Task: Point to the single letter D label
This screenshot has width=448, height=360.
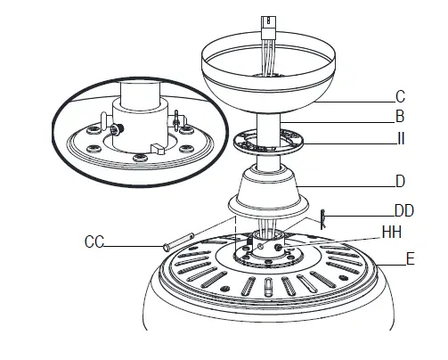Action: tap(401, 182)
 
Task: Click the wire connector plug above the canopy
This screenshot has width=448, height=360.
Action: tap(266, 24)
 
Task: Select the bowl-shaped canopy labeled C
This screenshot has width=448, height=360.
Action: tap(267, 76)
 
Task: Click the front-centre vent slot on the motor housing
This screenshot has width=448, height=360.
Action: tap(267, 287)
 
